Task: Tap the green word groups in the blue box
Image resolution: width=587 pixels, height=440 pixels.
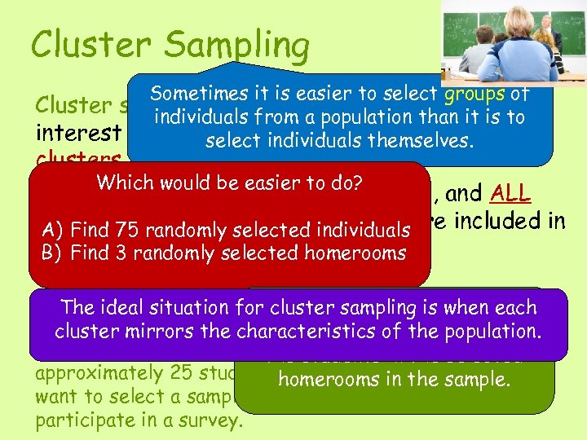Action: pyautogui.click(x=474, y=94)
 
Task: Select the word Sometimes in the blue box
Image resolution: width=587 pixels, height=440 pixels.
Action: pyautogui.click(x=201, y=95)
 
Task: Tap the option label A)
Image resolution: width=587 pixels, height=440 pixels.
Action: pyautogui.click(x=52, y=230)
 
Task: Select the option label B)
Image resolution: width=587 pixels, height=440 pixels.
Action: pyautogui.click(x=52, y=253)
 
